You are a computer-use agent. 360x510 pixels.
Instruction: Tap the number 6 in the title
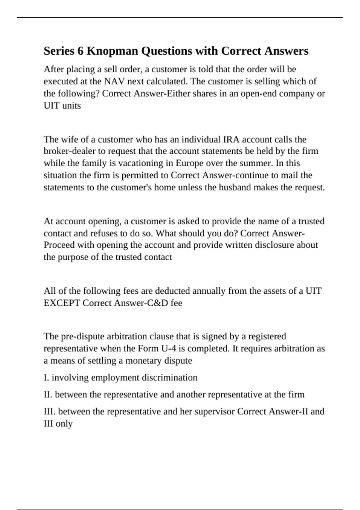pyautogui.click(x=80, y=51)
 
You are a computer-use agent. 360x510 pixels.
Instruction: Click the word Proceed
pyautogui.click(x=59, y=245)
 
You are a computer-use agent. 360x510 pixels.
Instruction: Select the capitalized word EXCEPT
pyautogui.click(x=62, y=303)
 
